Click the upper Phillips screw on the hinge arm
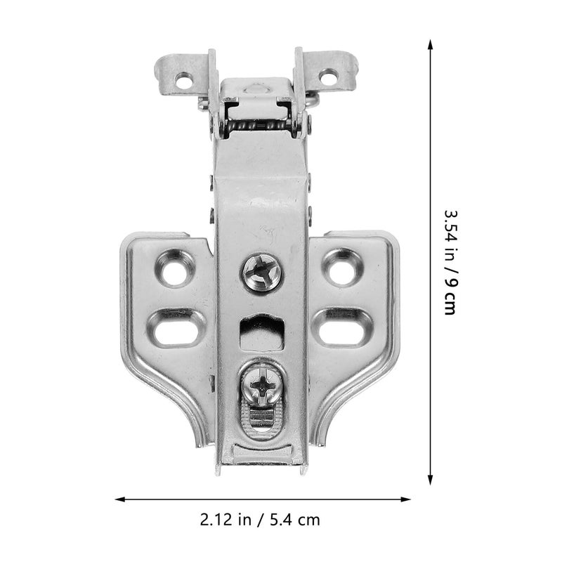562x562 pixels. pos(261,272)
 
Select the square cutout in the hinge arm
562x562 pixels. pos(261,332)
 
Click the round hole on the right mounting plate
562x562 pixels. pos(342,268)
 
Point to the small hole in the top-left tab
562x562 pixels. pos(183,80)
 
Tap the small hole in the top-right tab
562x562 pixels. pos(328,77)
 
